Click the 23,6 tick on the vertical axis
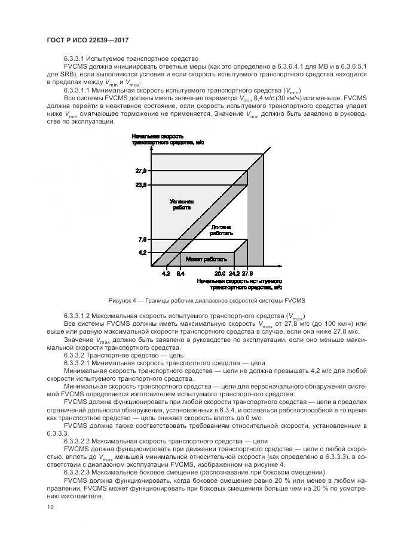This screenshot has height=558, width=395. point(142,185)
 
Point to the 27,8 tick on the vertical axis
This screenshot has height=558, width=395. point(142,171)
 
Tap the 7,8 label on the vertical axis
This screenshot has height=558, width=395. point(142,239)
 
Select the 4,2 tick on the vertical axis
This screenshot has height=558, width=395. point(142,252)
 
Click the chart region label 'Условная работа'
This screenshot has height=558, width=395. point(180,205)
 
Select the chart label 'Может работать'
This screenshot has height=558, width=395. point(206,259)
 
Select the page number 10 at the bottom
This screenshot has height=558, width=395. point(50,507)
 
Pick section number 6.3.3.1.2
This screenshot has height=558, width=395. point(80,315)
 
